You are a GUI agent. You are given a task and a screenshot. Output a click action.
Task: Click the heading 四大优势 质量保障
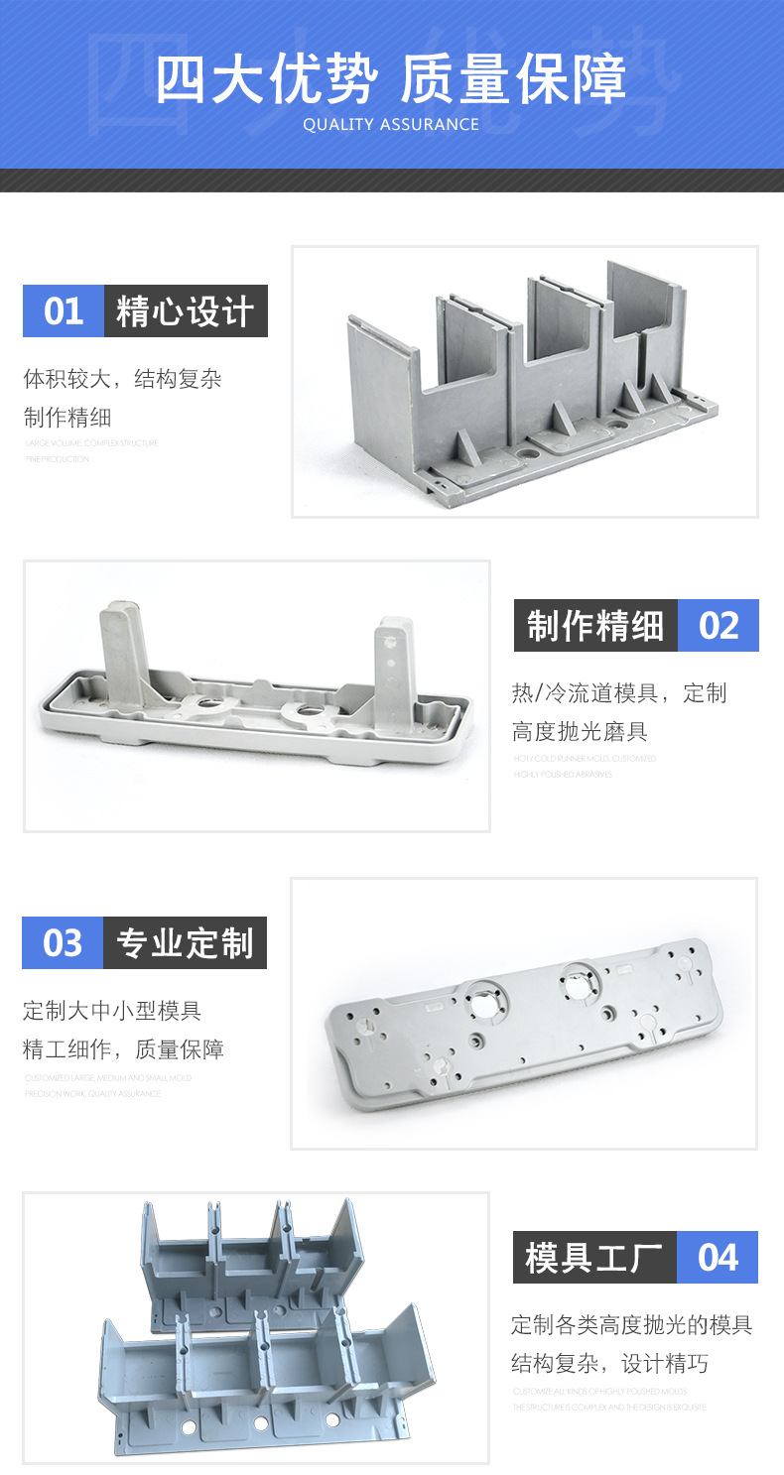391,79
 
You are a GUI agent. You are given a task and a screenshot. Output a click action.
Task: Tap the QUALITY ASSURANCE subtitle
391,125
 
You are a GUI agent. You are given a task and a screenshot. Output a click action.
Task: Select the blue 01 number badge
64,311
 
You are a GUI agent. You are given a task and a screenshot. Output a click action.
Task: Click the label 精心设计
186,311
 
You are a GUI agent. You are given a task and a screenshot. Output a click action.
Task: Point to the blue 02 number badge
719,626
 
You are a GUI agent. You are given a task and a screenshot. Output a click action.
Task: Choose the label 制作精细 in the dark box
595,626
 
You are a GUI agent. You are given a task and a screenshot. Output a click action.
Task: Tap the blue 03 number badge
63,942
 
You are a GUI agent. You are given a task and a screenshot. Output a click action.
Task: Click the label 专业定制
185,942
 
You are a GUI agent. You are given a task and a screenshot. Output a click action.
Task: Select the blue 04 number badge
718,1258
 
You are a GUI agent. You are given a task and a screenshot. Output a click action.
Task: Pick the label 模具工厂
594,1258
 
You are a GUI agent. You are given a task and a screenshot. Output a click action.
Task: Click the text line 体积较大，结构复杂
122,379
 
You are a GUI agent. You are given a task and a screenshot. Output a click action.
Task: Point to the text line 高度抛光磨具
580,732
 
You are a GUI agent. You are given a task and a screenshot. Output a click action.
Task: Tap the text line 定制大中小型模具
112,1011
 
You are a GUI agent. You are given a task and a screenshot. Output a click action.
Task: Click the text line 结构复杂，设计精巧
609,1364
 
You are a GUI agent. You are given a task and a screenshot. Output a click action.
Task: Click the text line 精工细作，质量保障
123,1049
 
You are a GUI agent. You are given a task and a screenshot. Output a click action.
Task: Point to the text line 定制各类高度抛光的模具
631,1324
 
